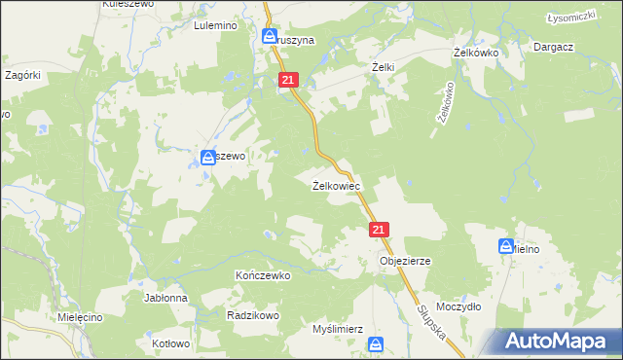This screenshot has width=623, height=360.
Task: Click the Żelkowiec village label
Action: (337, 185)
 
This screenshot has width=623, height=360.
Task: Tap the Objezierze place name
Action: (405, 262)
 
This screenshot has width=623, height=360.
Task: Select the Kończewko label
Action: (264, 275)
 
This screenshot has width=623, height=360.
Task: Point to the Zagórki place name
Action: (21, 74)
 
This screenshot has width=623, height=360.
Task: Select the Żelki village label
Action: (383, 67)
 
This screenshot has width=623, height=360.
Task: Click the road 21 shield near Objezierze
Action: (380, 230)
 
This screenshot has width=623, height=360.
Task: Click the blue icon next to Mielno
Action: (506, 247)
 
